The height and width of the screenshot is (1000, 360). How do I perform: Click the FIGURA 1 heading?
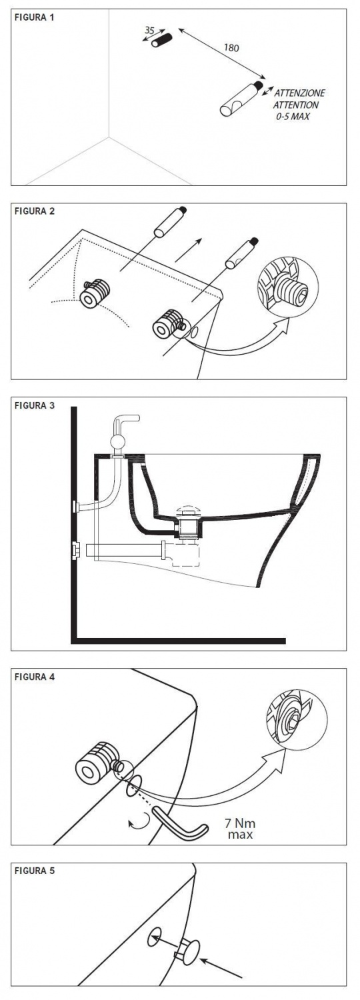click(35, 18)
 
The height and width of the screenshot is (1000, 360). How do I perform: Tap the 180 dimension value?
click(231, 48)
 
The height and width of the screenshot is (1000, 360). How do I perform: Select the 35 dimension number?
click(149, 31)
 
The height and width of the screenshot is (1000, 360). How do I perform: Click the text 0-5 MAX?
click(293, 117)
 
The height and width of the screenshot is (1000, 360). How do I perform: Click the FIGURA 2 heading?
click(35, 211)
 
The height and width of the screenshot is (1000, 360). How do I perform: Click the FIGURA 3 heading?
click(35, 406)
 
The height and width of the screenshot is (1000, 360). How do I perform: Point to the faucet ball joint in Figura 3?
click(117, 443)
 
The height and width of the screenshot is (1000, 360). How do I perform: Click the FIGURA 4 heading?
click(35, 677)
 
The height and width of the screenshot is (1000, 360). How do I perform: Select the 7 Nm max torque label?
click(240, 828)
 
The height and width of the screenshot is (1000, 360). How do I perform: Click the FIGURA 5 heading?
click(35, 871)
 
